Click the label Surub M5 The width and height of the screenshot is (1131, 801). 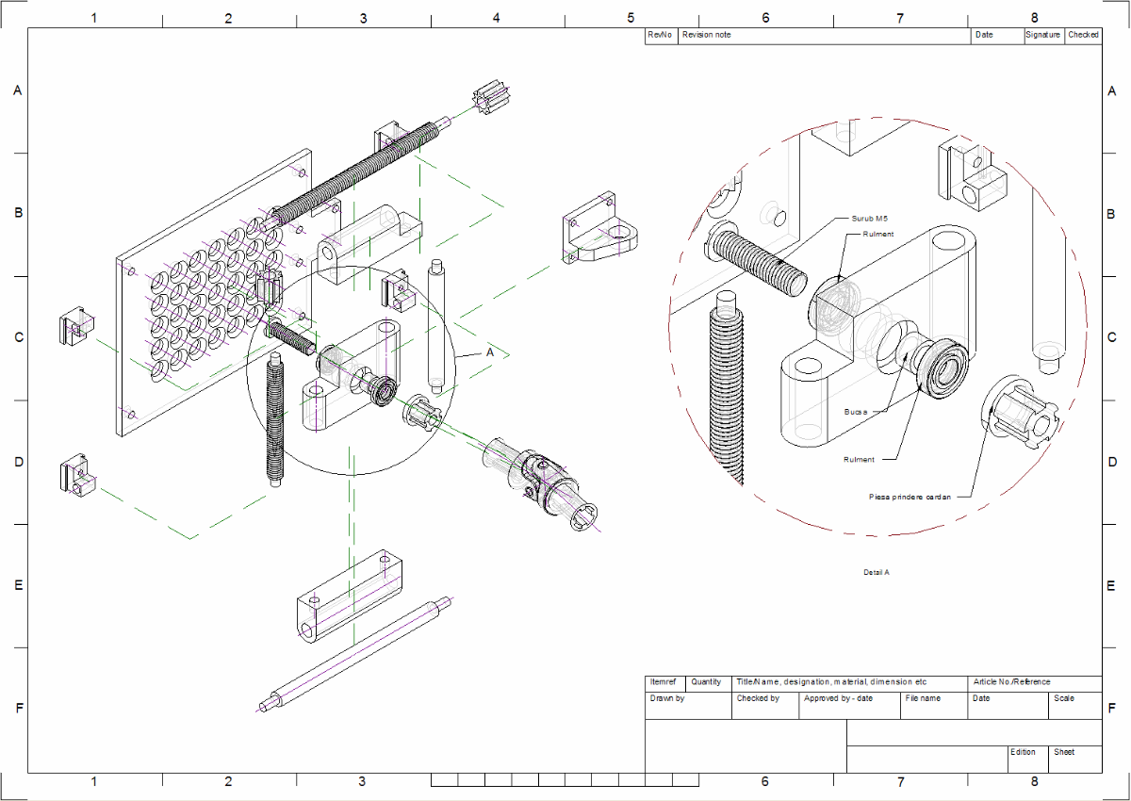(x=869, y=218)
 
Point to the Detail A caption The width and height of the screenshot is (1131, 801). (x=877, y=572)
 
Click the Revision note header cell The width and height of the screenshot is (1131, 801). (x=706, y=35)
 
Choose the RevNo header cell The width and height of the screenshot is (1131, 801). (x=661, y=35)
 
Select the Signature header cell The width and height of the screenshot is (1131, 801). (x=1043, y=35)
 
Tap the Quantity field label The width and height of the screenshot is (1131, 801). (x=706, y=682)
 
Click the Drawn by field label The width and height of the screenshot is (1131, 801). (x=667, y=698)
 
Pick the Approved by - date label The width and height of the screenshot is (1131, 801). (x=838, y=698)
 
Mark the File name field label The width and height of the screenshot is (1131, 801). (x=923, y=698)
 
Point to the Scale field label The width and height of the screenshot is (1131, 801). (x=1063, y=698)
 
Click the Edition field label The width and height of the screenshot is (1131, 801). (x=1023, y=752)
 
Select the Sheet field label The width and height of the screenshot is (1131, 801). (x=1064, y=752)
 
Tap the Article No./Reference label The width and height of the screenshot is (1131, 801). (x=1012, y=682)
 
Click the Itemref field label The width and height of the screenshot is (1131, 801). (x=664, y=682)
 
